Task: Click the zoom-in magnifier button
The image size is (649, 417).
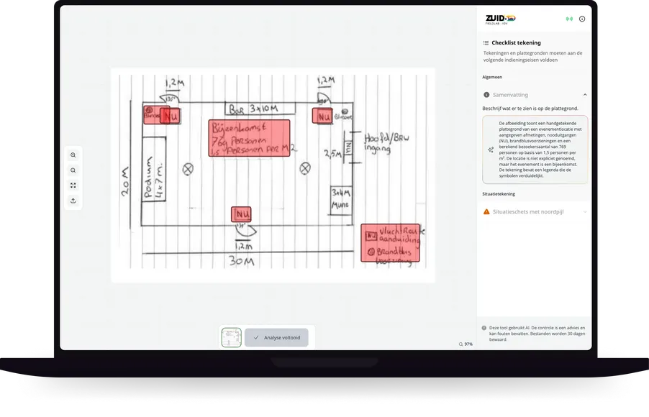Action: [x=73, y=155]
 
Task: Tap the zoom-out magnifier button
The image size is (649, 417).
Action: [x=73, y=170]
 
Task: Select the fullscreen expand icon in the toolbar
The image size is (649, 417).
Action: [x=73, y=185]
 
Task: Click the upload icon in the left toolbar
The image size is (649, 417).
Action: [x=73, y=201]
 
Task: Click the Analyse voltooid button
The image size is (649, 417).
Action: [x=276, y=337]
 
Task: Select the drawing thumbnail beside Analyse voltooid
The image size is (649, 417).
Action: [x=231, y=337]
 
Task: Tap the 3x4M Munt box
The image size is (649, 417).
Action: [x=340, y=198]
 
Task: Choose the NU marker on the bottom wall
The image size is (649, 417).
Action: [x=241, y=214]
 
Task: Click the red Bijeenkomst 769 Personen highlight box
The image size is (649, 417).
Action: [x=249, y=138]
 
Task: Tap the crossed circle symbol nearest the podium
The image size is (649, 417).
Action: [x=189, y=169]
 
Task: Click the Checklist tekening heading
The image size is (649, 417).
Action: [x=516, y=43]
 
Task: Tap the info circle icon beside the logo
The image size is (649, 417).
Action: [x=582, y=19]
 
